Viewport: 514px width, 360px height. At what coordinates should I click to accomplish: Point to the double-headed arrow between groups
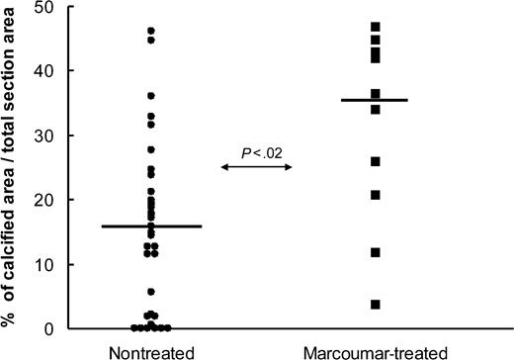257,168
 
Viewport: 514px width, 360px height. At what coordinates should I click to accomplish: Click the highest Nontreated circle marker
151,32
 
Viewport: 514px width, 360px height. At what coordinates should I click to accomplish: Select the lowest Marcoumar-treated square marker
376,304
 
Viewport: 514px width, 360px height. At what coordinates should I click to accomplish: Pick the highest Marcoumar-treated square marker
376,27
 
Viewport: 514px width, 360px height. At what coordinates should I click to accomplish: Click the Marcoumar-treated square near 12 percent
376,252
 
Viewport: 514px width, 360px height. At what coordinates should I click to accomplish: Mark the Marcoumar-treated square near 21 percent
376,195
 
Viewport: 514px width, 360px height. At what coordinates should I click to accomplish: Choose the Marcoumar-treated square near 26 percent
376,161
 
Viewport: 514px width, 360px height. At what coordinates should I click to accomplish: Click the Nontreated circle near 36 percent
151,96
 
